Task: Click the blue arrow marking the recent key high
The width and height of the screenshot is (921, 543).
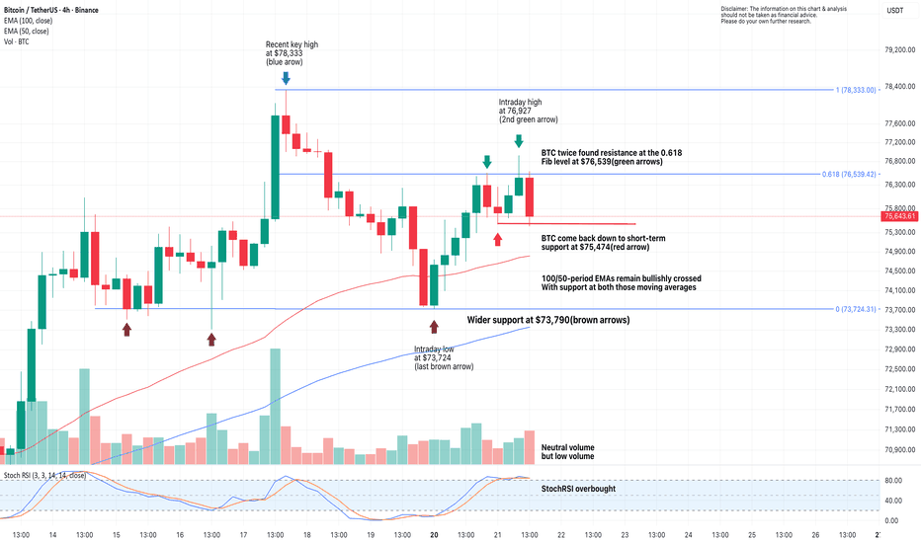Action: (286, 77)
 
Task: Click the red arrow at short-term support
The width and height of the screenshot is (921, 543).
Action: (497, 239)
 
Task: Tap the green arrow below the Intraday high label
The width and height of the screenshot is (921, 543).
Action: (519, 141)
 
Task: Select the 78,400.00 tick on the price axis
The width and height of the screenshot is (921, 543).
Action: (895, 87)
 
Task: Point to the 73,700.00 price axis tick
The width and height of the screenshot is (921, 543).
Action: (895, 310)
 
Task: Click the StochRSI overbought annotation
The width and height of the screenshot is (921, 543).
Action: (578, 489)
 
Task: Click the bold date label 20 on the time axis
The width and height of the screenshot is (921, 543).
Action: (434, 534)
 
